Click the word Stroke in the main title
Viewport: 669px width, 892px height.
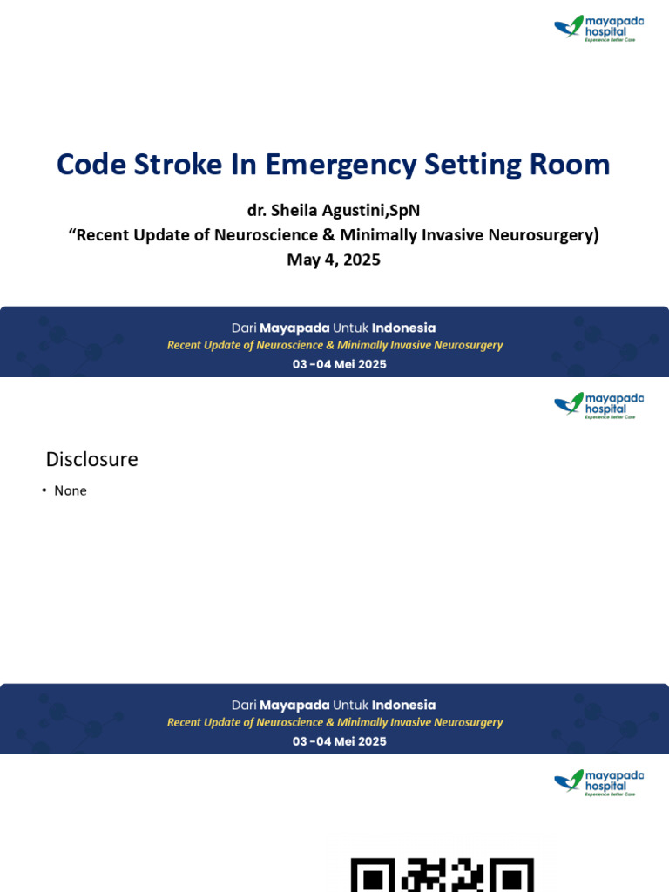click(178, 165)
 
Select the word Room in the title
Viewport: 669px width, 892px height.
click(570, 165)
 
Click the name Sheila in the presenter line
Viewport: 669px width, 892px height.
click(294, 211)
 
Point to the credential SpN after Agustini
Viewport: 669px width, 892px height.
click(405, 211)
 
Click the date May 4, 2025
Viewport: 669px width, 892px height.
click(334, 260)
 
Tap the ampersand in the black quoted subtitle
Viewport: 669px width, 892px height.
click(328, 235)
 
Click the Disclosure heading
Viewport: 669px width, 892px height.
click(91, 459)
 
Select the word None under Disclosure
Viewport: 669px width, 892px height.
click(71, 490)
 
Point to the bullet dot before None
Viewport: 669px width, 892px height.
click(44, 490)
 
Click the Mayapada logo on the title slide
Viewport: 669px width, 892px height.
click(598, 28)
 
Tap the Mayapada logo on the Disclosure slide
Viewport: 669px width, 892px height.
click(598, 405)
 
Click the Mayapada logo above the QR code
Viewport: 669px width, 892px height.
click(598, 782)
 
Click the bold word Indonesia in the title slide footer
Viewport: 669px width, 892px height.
click(403, 328)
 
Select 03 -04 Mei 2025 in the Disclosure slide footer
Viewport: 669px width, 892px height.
click(339, 741)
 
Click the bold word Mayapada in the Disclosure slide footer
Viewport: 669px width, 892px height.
click(294, 706)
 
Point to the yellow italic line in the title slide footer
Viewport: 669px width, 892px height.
click(335, 345)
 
